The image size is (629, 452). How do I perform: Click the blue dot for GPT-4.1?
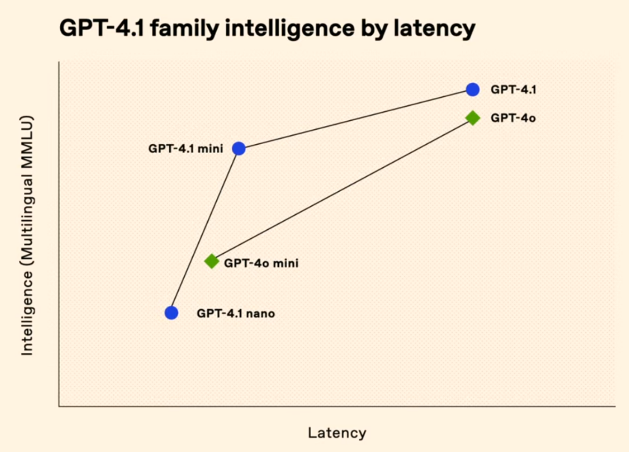[x=472, y=89]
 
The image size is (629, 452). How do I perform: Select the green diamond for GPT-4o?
[x=472, y=118]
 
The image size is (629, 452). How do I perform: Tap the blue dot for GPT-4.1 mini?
[x=239, y=148]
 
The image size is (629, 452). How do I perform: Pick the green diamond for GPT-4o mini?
[x=212, y=261]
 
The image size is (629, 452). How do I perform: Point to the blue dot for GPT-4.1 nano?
[x=172, y=312]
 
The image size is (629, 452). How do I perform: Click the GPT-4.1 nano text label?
[x=236, y=313]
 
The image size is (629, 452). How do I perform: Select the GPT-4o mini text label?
[x=261, y=263]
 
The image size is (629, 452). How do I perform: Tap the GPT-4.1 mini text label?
[x=185, y=148]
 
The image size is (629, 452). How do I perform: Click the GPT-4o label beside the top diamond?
[x=513, y=118]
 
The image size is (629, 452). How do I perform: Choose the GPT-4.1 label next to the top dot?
[x=513, y=89]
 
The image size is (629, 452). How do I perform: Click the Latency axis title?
[x=337, y=433]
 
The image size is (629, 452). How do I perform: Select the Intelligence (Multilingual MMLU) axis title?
[x=27, y=235]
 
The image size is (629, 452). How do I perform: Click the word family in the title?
[x=184, y=29]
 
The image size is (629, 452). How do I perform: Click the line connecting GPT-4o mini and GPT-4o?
[x=342, y=190]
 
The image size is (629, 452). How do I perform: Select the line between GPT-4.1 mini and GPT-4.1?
[x=356, y=119]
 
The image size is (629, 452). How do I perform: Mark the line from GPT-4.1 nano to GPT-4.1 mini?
[x=205, y=231]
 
